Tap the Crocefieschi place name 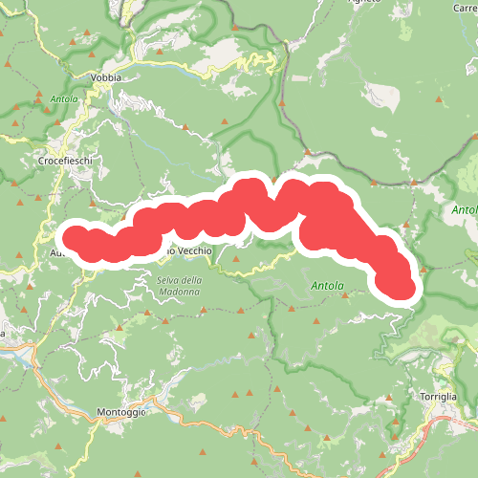coord(64,162)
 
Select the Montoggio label coord(121,412)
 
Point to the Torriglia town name coord(438,396)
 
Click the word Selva coord(165,280)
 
